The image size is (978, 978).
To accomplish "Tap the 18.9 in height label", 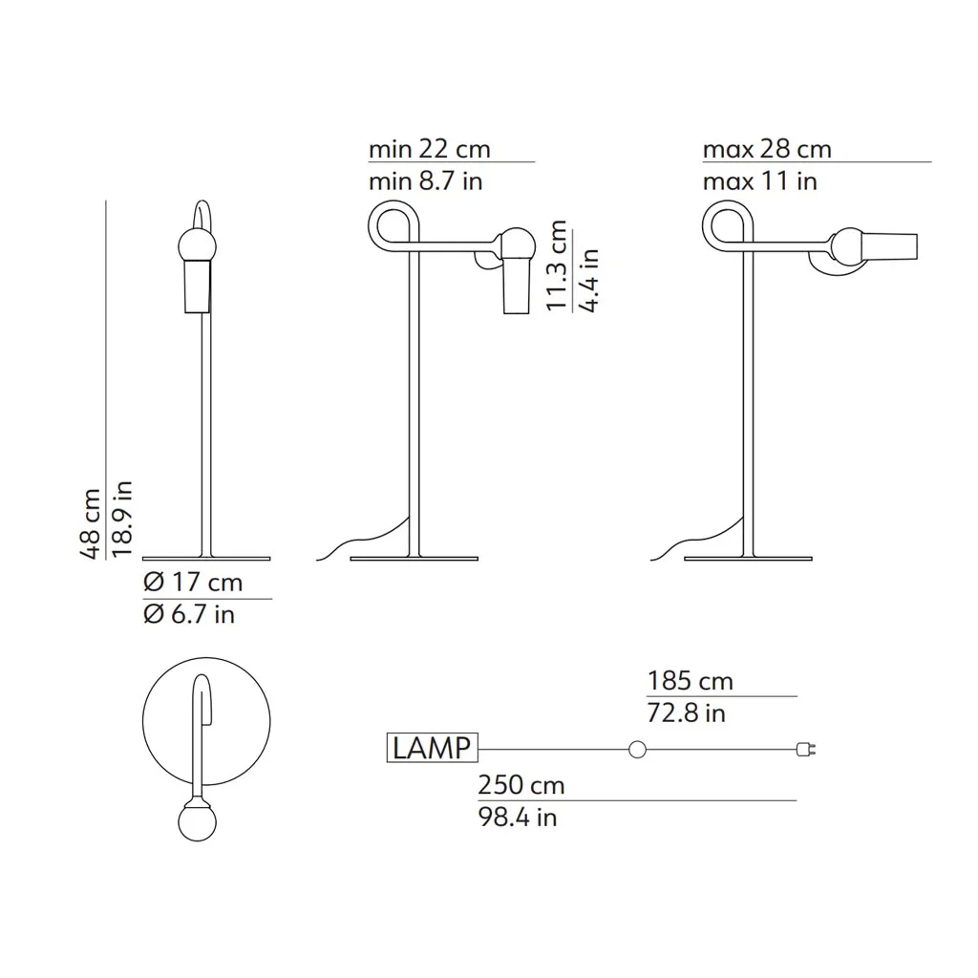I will [x=122, y=519].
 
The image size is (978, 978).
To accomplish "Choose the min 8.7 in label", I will [x=426, y=181].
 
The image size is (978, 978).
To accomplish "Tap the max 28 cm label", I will [x=767, y=149].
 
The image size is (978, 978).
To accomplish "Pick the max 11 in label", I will [x=760, y=181].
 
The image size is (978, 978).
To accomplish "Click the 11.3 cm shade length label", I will [x=556, y=266].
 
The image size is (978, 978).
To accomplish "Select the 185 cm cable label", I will [x=691, y=681].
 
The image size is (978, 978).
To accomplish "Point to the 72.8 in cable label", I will [x=687, y=713].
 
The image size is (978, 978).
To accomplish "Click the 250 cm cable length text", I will [x=521, y=785].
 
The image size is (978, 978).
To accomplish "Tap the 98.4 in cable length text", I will [x=518, y=818].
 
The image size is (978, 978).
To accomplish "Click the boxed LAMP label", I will [x=433, y=748].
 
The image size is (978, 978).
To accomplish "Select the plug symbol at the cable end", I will [x=806, y=750].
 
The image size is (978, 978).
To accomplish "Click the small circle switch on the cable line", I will [x=637, y=750].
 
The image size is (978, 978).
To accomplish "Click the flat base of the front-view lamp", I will [x=206, y=557].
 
